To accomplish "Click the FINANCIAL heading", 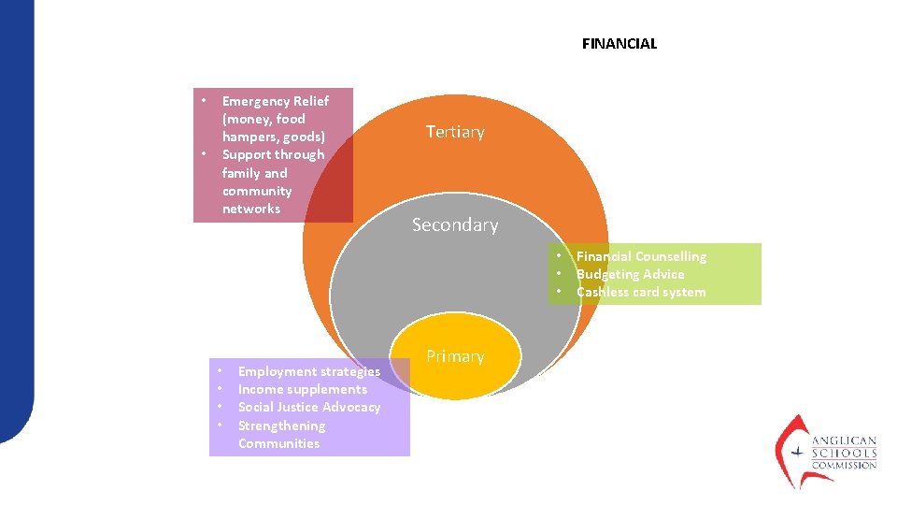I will click(x=619, y=44).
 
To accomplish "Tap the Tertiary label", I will click(x=455, y=132).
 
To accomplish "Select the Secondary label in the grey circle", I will click(x=455, y=224).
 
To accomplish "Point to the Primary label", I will click(x=455, y=356).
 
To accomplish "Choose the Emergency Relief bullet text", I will click(x=275, y=101).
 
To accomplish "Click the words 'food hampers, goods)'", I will click(x=273, y=128).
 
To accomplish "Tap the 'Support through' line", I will click(x=273, y=155).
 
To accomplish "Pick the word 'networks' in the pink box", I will click(x=250, y=209).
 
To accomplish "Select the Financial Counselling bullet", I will click(x=641, y=256).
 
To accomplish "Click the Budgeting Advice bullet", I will click(x=630, y=274).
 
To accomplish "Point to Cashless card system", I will click(x=641, y=292).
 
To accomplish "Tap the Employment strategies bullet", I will click(x=309, y=371).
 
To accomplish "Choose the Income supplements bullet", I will click(x=303, y=389).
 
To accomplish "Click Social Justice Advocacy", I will click(x=309, y=407).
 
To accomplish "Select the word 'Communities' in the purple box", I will click(x=278, y=443).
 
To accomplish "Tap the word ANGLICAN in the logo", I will click(x=844, y=440).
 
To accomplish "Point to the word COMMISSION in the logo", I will click(x=844, y=465).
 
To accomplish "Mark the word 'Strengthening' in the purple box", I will click(x=281, y=426).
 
